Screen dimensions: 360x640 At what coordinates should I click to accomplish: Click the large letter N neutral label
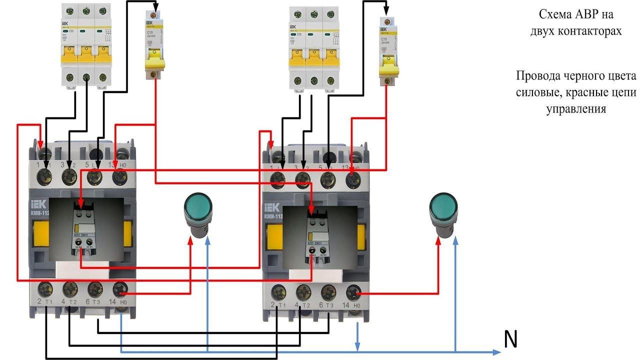tap(510, 340)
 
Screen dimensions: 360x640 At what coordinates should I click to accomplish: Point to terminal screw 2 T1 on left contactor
tap(46, 289)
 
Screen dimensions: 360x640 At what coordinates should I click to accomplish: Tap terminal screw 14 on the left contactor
tap(120, 289)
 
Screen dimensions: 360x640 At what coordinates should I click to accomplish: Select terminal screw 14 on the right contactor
tap(354, 292)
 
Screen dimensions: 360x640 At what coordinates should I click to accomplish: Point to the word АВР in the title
tap(589, 14)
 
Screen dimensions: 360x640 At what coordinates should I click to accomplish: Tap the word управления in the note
tap(576, 108)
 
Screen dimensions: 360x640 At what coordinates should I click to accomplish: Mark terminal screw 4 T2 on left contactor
tap(70, 289)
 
